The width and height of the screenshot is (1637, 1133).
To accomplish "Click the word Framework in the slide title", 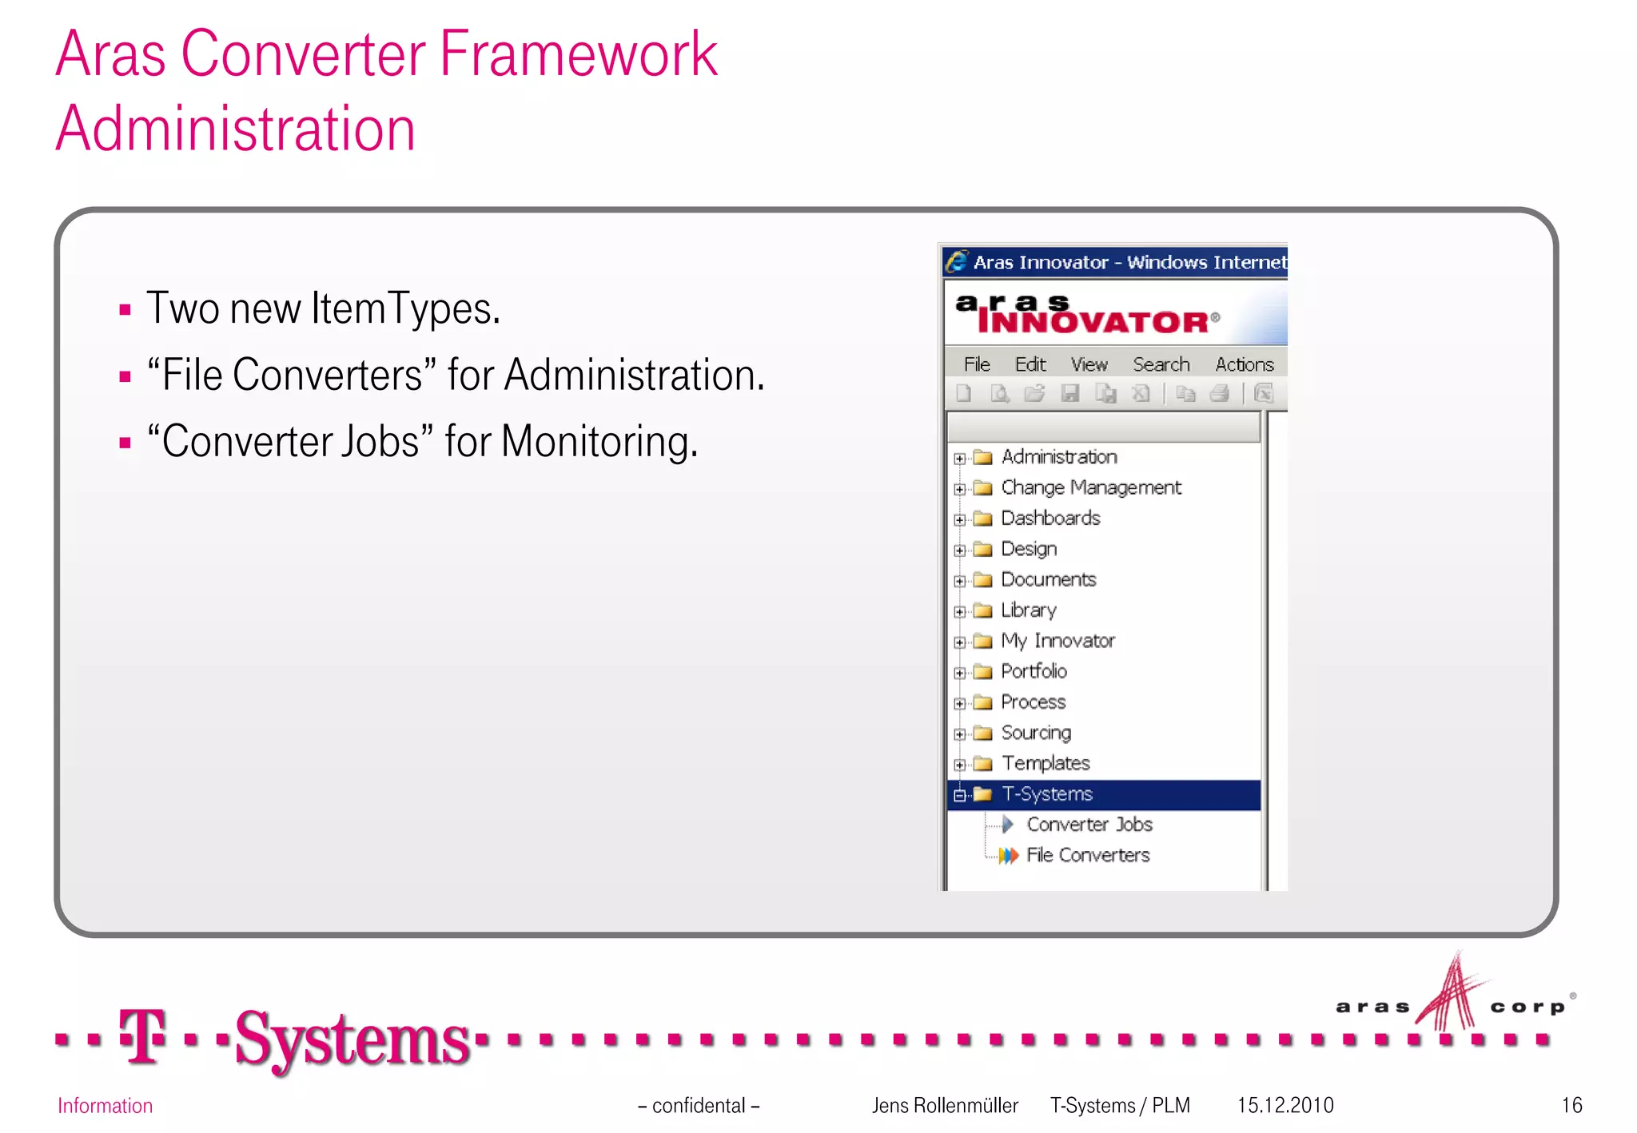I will (578, 54).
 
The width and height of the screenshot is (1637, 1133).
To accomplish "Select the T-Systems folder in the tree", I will (1047, 794).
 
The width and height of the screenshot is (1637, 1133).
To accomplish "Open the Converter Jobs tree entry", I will (1089, 825).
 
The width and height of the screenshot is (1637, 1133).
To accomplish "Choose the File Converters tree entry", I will (1087, 856).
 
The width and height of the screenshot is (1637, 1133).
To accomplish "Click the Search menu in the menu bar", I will (1161, 365).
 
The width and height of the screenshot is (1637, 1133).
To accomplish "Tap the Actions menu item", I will (1244, 365).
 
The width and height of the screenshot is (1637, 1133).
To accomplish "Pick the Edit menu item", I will (1030, 365).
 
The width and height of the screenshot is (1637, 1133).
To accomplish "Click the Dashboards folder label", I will (1050, 519).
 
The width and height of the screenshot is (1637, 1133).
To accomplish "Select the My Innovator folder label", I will (1057, 641).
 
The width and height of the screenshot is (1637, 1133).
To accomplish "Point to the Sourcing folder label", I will (1036, 733).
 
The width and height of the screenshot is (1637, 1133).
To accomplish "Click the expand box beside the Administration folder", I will (960, 459).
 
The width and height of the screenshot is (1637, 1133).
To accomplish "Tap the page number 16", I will (1571, 1106).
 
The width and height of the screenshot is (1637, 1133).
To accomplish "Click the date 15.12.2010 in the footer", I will (1285, 1106).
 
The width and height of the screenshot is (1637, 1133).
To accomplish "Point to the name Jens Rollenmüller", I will (945, 1106).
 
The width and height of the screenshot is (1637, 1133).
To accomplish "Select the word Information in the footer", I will (105, 1106).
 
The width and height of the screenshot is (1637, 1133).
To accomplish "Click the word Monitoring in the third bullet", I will (599, 442).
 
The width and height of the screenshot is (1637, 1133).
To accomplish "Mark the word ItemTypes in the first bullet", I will (405, 308).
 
